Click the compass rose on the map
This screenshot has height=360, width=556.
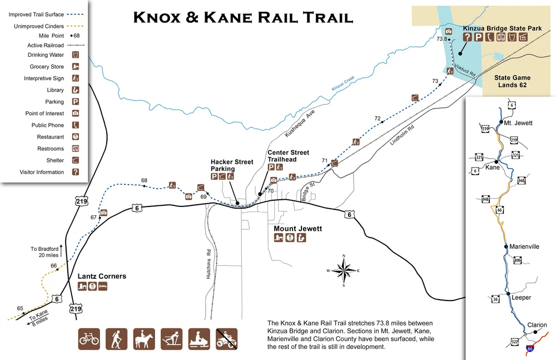coord(344,271)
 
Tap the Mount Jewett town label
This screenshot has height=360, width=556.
coord(297,229)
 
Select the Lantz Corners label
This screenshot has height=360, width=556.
coord(102,276)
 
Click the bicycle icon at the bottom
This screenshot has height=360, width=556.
coord(89,338)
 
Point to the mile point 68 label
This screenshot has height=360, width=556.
coord(144,180)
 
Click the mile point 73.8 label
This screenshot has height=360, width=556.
coord(442,39)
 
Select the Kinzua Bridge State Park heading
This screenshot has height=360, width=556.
coord(502,28)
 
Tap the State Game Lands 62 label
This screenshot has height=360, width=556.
coord(512,81)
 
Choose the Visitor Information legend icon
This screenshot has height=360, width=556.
coord(76,172)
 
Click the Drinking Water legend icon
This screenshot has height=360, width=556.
coord(76,55)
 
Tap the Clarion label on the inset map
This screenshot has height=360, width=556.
coord(537,325)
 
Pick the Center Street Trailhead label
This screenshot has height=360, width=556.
coord(288,156)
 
